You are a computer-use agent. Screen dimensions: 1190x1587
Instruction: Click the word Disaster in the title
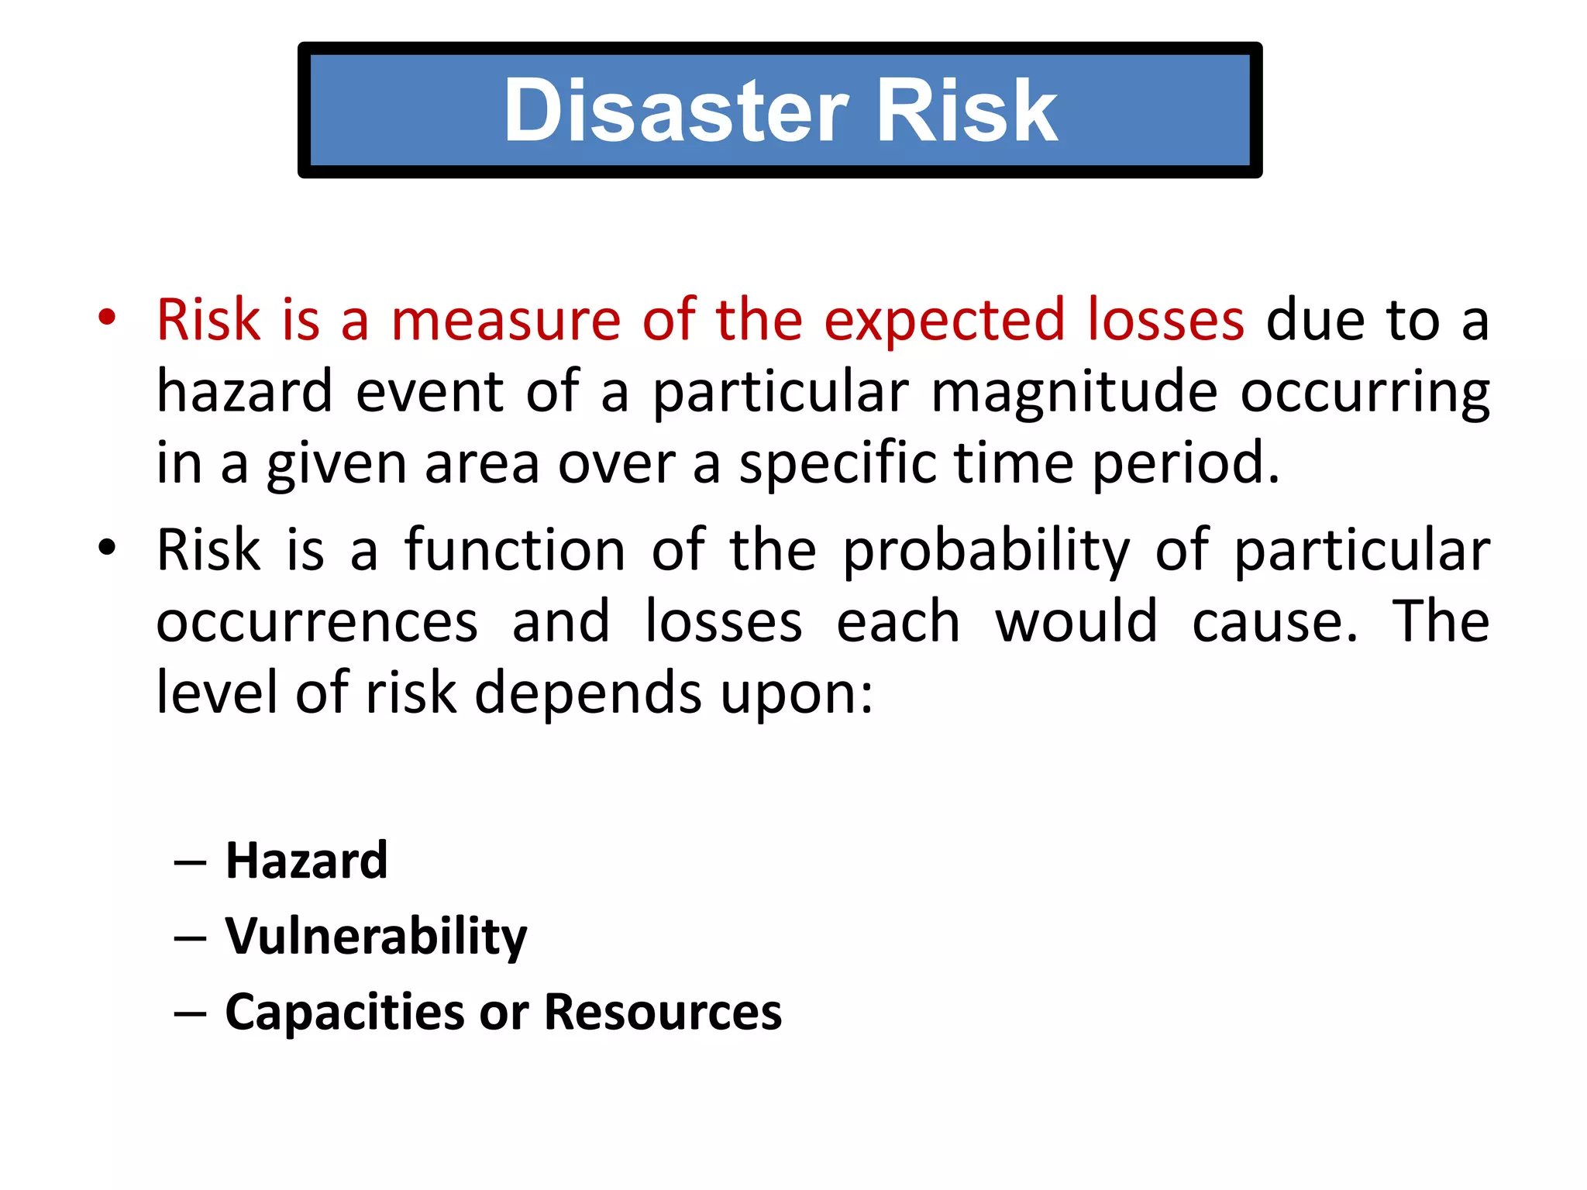click(676, 111)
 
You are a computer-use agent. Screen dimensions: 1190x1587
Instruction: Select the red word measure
click(506, 320)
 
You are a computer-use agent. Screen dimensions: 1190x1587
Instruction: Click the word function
click(515, 550)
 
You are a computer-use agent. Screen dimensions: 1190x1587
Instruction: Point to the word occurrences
click(317, 622)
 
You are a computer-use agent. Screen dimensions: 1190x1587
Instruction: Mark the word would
click(1076, 621)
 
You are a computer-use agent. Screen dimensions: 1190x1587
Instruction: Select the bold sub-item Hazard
click(306, 861)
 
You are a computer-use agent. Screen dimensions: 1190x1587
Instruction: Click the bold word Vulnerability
click(376, 937)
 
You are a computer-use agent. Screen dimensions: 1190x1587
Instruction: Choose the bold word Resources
click(663, 1012)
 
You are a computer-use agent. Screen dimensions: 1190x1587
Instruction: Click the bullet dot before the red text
click(107, 318)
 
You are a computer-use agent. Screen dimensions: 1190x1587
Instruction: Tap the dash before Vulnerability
click(190, 938)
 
